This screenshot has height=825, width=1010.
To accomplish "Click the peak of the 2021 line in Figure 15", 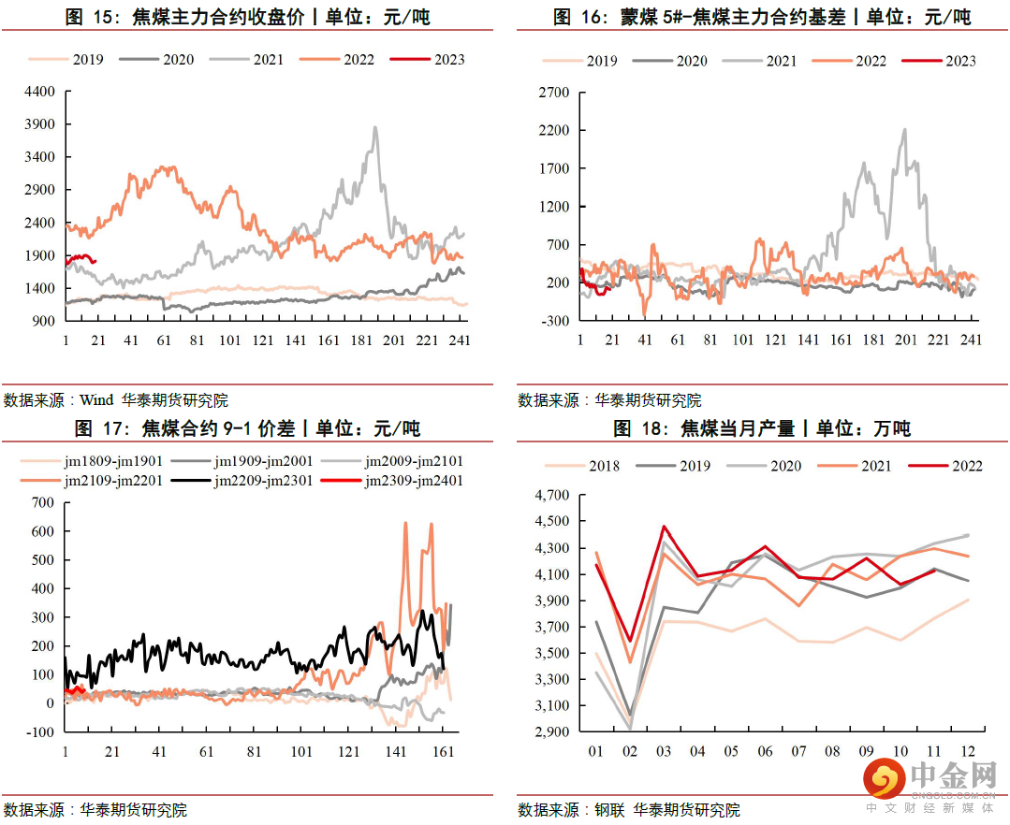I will pyautogui.click(x=375, y=127).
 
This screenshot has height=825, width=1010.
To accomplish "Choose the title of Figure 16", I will pyautogui.click(x=762, y=18).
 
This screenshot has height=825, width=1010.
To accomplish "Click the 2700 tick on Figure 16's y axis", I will pyautogui.click(x=555, y=93).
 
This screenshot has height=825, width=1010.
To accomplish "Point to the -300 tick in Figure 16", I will pyautogui.click(x=555, y=321).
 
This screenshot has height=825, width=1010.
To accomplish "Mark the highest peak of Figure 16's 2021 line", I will pyautogui.click(x=905, y=129).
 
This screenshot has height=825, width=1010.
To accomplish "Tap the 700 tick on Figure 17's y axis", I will pyautogui.click(x=43, y=502).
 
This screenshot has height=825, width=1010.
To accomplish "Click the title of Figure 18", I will pyautogui.click(x=762, y=428).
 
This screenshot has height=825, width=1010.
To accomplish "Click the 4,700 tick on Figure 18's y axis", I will pyautogui.click(x=549, y=495).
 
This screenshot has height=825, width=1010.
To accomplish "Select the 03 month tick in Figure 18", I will pyautogui.click(x=664, y=751).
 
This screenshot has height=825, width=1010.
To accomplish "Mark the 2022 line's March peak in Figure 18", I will pyautogui.click(x=664, y=527).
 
